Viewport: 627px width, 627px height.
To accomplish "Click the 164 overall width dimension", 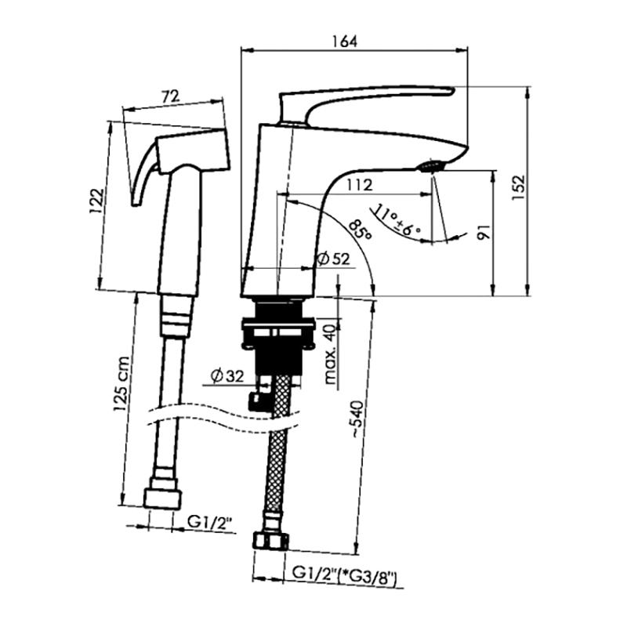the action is point(345,42).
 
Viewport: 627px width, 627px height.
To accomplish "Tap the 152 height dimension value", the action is point(519,187).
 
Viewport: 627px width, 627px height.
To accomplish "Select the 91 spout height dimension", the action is point(484,232).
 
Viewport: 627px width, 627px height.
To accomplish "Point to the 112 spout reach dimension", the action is point(359,185).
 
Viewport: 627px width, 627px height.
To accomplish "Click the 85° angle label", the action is point(360,229).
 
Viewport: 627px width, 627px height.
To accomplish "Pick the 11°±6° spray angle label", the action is point(397,221).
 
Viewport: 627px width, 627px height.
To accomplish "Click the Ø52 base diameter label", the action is point(333,259).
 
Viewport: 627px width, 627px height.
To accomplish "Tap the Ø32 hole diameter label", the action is point(227,376).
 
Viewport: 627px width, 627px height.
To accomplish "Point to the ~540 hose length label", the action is point(357,419).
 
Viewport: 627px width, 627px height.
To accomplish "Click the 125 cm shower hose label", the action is point(121,384).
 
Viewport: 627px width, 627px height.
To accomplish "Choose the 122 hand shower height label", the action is point(96,201).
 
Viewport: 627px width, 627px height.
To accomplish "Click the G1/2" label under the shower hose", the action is point(210,522).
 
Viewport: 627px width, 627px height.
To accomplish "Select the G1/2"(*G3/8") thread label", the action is point(345,575).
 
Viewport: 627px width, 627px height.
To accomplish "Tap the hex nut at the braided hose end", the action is point(270,541).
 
